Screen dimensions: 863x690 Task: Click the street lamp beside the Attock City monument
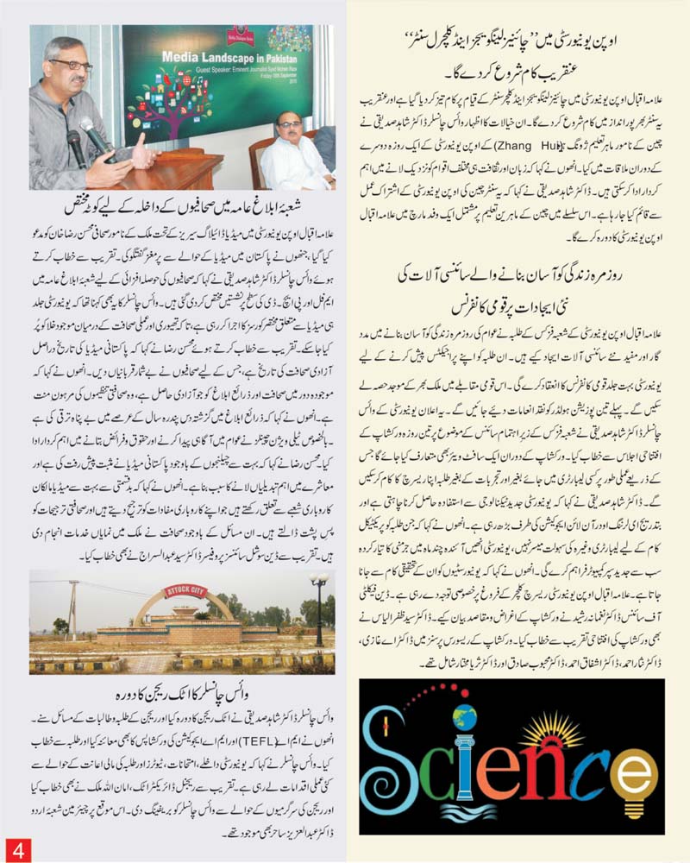[x=318, y=608]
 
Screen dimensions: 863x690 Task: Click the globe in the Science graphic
[x=464, y=717]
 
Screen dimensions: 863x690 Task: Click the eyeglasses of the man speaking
[x=69, y=66]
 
